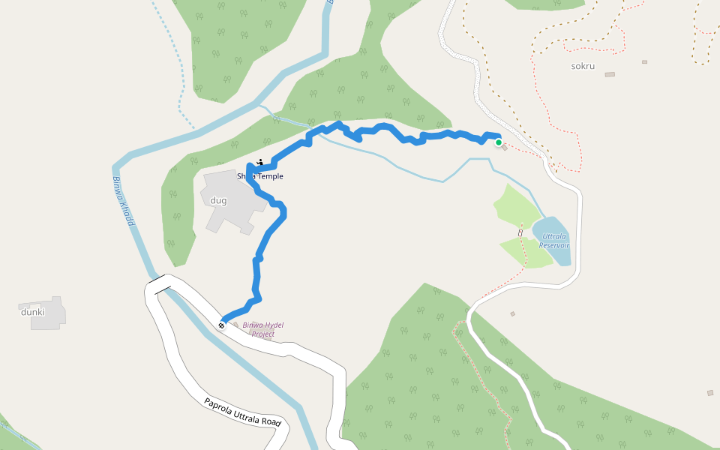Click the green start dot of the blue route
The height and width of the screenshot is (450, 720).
(x=498, y=142)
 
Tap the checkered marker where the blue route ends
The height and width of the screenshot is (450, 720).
(x=222, y=325)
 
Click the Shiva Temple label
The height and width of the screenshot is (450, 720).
(x=260, y=176)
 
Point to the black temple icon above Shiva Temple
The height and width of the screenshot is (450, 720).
(x=259, y=163)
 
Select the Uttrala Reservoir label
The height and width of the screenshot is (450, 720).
(x=555, y=241)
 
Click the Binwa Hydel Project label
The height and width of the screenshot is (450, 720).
(x=263, y=329)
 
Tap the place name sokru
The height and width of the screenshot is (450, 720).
(x=583, y=66)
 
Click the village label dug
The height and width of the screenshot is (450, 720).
(x=218, y=200)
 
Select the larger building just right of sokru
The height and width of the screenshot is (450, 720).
(x=610, y=74)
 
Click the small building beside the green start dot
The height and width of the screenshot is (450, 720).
(x=505, y=146)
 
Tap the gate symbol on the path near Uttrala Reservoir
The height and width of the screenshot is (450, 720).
(x=520, y=232)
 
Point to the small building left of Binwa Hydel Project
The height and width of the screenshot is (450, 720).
(x=235, y=325)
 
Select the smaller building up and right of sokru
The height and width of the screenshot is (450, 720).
(x=644, y=61)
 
